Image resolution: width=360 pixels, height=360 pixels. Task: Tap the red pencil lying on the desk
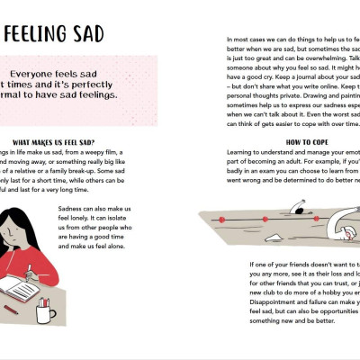(x=12, y=310)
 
